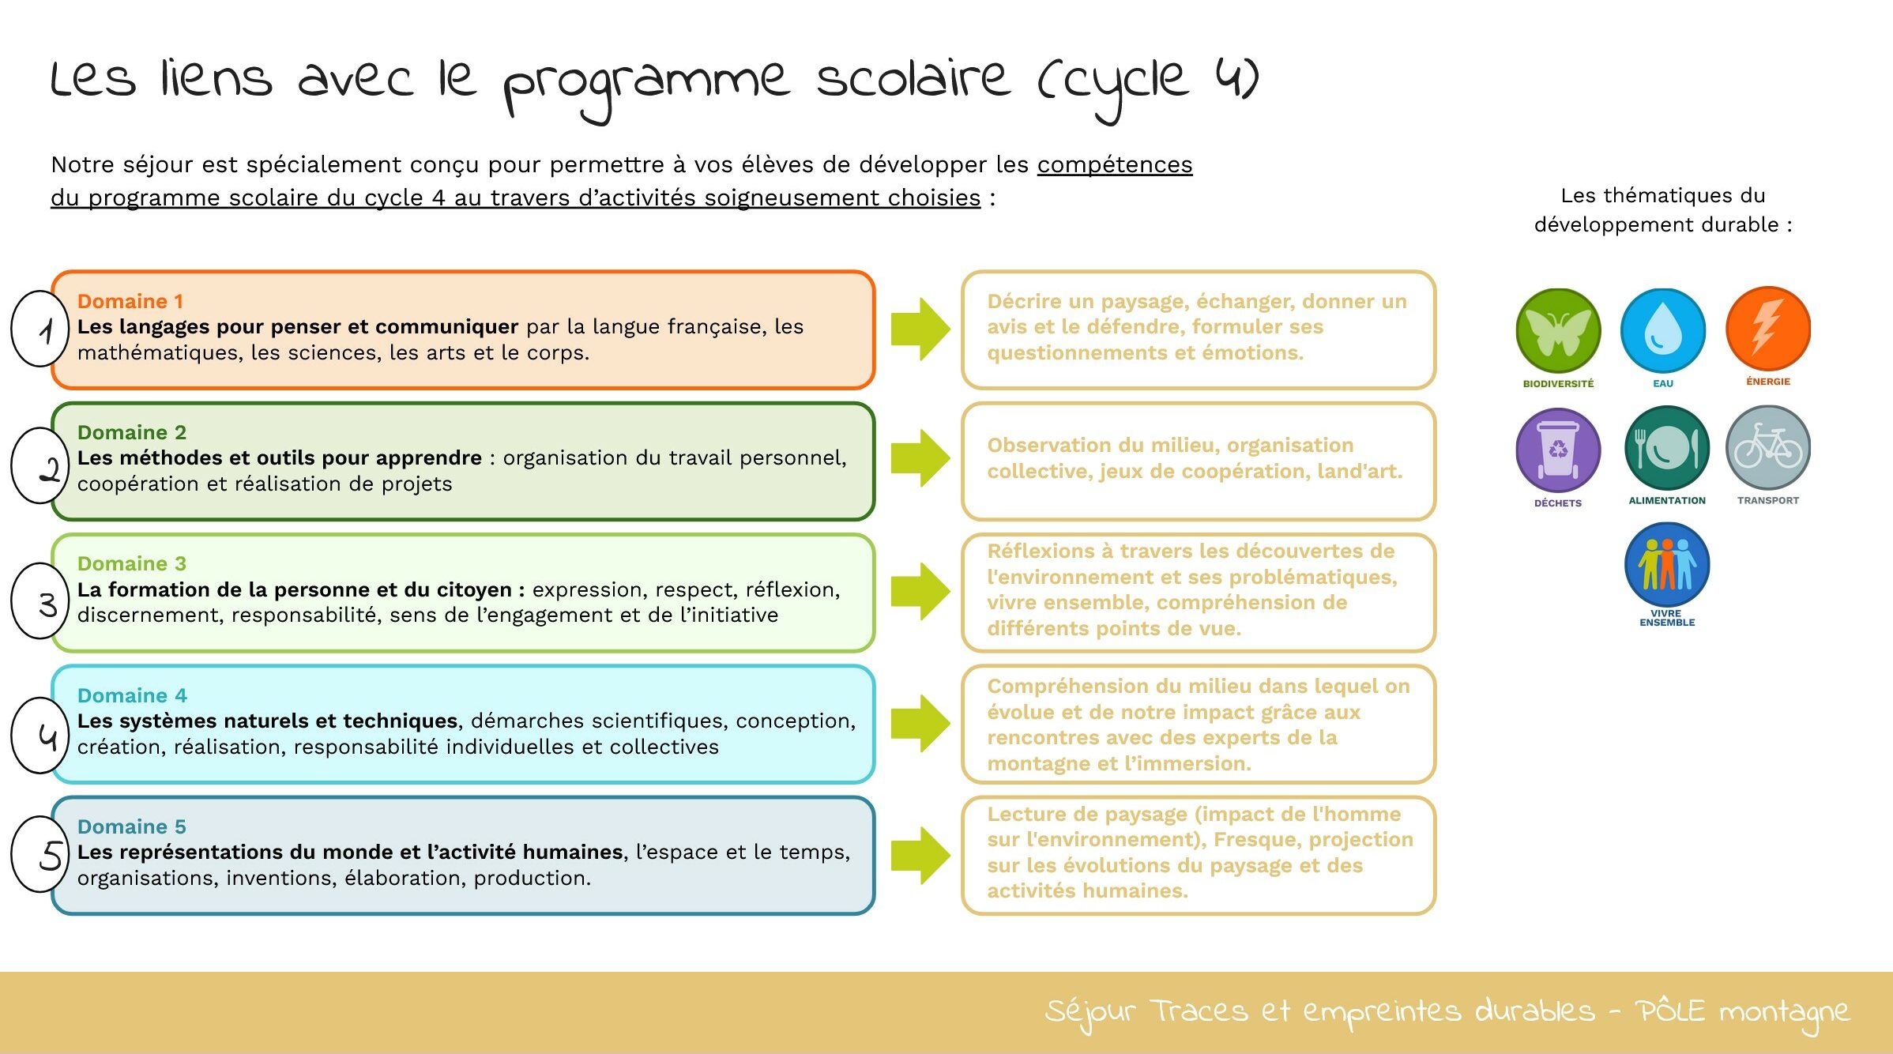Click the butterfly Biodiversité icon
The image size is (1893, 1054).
point(1558,330)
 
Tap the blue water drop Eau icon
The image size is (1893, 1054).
point(1662,330)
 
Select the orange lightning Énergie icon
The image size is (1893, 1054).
point(1767,329)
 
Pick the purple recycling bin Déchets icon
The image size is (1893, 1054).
point(1558,450)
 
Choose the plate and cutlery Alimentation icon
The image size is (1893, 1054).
point(1667,448)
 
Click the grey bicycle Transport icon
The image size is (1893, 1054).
point(1767,448)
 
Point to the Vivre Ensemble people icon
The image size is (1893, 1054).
point(1667,565)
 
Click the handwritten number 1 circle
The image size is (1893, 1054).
point(40,329)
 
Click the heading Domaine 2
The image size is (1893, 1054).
point(132,432)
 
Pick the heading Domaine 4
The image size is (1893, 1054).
point(132,695)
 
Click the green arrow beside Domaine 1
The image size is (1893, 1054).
point(920,329)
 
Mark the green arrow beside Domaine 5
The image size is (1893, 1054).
point(920,856)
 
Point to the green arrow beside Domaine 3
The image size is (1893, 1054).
point(920,591)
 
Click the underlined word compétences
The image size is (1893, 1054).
point(1115,164)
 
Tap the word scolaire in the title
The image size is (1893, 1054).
point(913,79)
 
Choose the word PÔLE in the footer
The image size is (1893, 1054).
point(1669,1011)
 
